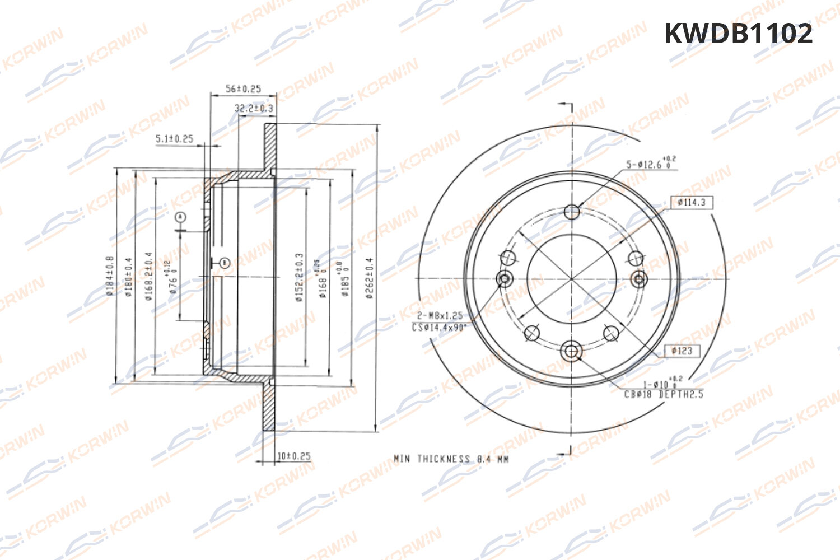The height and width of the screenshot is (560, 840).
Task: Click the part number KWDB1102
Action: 738,34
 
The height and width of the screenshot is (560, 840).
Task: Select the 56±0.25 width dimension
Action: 243,88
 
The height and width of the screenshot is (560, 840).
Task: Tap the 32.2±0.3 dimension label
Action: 254,108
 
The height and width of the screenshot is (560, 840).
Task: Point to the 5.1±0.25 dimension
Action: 174,138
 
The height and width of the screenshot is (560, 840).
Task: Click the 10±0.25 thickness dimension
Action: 294,456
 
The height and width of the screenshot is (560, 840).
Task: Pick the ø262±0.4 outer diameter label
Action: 370,278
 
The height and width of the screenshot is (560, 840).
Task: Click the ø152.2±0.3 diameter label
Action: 299,277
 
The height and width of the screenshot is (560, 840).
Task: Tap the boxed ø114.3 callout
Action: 692,202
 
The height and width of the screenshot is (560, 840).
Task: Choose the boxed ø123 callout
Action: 682,351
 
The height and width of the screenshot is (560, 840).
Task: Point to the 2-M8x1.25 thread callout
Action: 440,316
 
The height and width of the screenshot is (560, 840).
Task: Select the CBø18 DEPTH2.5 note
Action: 664,394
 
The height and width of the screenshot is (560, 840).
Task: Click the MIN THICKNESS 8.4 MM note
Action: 451,459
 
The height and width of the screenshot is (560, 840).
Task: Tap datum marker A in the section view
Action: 180,217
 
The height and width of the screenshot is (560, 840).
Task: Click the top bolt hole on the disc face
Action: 572,212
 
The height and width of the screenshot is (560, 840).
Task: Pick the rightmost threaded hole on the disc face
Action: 639,278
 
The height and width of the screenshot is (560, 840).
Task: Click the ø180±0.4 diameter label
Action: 129,277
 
